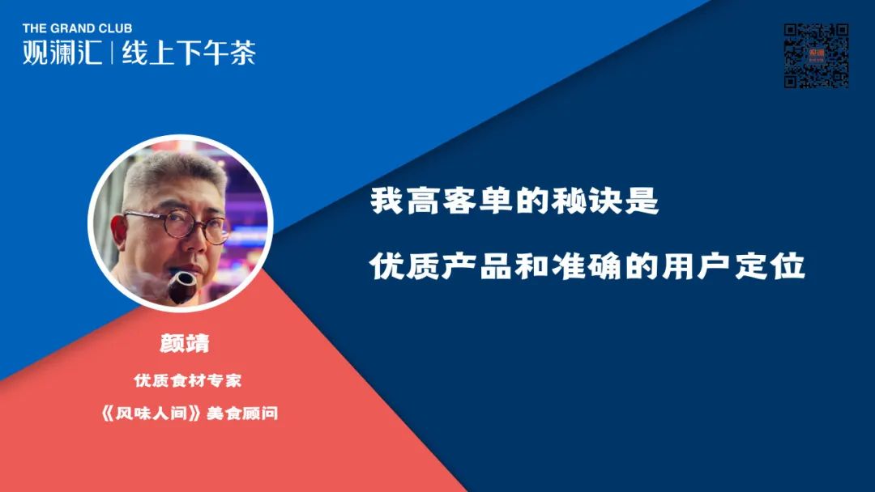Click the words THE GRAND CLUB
click(x=77, y=28)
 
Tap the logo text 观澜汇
click(x=62, y=53)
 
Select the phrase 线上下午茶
click(x=189, y=53)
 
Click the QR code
click(x=816, y=56)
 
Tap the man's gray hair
click(x=174, y=172)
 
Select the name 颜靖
click(x=184, y=343)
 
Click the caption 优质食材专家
click(x=187, y=380)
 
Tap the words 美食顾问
click(x=242, y=414)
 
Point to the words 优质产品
click(x=440, y=266)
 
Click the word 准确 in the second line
click(x=587, y=266)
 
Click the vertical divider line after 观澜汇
click(x=112, y=53)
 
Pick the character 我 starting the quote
click(x=386, y=201)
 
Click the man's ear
click(x=117, y=231)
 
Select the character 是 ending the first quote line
click(x=642, y=201)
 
